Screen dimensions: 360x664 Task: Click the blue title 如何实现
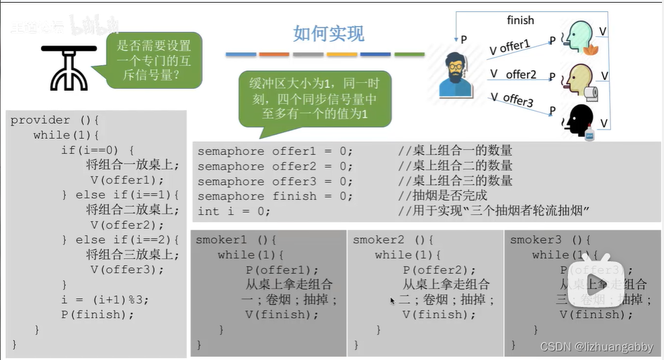(329, 33)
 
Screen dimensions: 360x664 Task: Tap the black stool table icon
(69, 67)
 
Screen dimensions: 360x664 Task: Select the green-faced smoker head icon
(579, 37)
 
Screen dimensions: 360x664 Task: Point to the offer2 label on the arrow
(521, 75)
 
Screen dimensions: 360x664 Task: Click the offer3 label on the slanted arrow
(517, 100)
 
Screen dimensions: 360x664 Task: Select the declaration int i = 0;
(234, 211)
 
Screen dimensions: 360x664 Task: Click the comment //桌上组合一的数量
(455, 151)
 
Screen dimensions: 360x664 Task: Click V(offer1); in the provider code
(127, 180)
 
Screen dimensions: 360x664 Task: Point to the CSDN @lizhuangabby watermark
(596, 347)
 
